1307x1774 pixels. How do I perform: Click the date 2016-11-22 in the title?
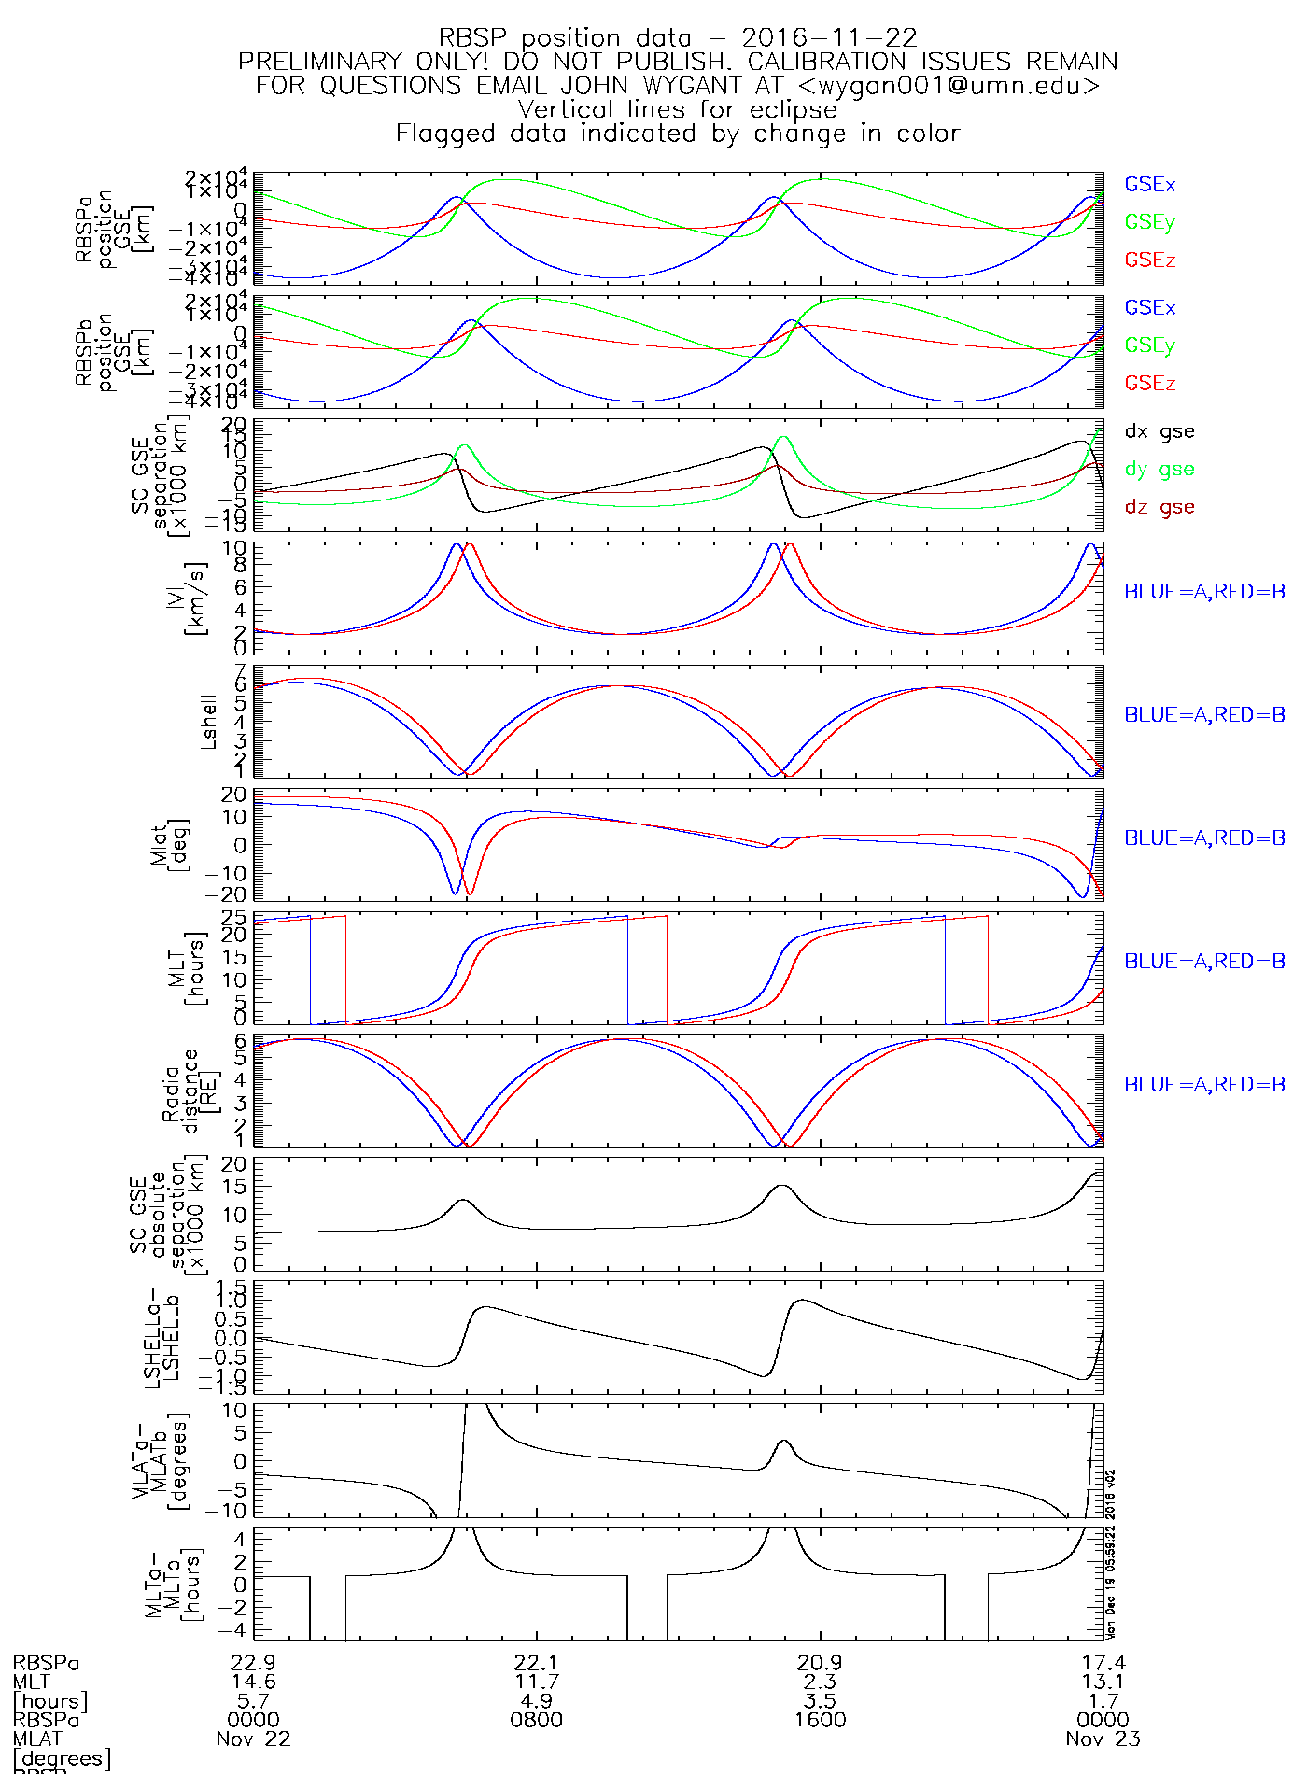click(x=829, y=38)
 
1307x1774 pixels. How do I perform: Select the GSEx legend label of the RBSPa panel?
click(x=1149, y=185)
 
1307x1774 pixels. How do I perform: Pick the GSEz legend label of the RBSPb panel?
click(x=1149, y=384)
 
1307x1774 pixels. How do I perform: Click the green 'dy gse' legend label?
click(x=1159, y=470)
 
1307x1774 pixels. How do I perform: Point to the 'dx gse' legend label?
click(x=1159, y=431)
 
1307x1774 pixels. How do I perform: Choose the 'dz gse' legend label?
click(x=1159, y=507)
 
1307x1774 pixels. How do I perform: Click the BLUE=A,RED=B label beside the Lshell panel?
click(x=1203, y=715)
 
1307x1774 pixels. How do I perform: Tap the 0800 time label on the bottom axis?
click(x=537, y=1720)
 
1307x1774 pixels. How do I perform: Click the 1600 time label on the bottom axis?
click(x=821, y=1720)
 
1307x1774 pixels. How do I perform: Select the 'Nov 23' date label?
click(x=1103, y=1739)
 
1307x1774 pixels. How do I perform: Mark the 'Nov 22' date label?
click(x=253, y=1739)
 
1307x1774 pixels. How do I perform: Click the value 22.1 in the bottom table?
click(x=537, y=1663)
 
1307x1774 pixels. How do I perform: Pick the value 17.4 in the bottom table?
click(x=1103, y=1663)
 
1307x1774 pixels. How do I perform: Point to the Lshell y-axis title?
click(x=208, y=721)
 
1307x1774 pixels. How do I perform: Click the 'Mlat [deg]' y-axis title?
click(x=169, y=844)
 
